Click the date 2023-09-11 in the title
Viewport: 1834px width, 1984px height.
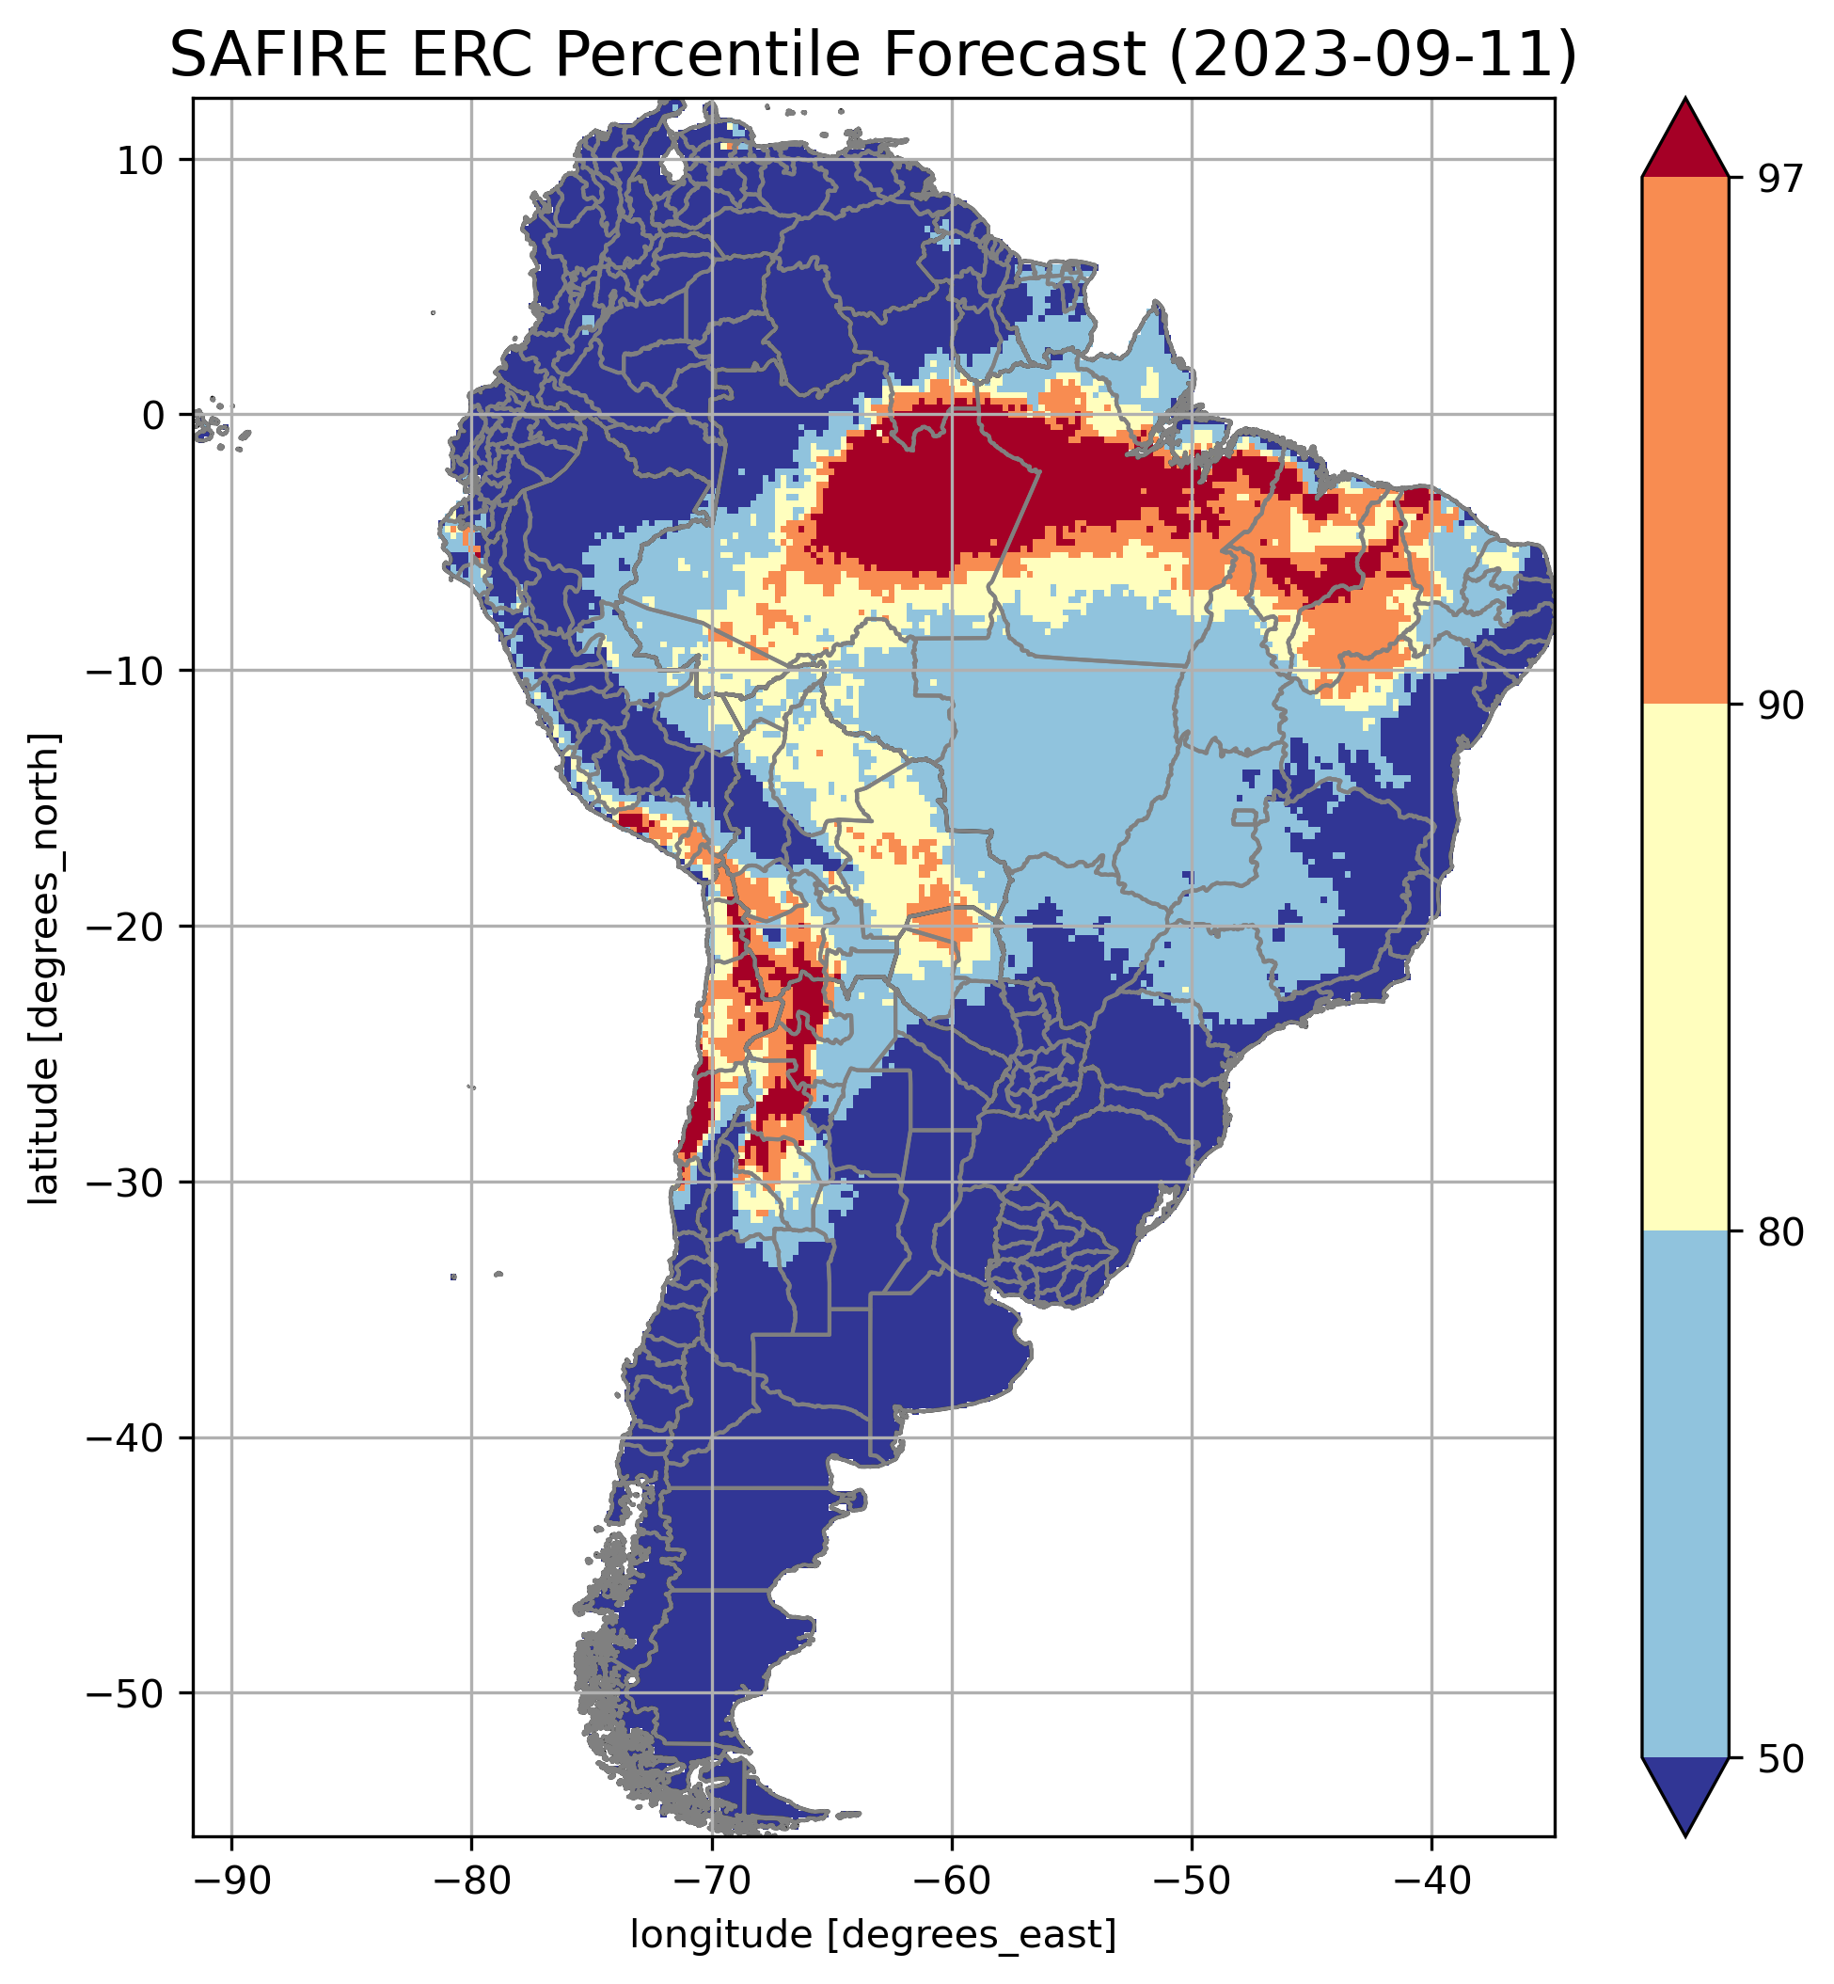[x=1372, y=56]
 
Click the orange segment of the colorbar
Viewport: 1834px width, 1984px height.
[x=1685, y=441]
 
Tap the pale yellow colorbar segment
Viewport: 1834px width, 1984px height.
[x=1685, y=968]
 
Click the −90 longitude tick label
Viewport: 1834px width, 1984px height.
[x=231, y=1879]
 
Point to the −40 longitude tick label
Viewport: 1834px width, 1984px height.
[x=1431, y=1879]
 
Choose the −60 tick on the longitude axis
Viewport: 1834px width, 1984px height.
[x=952, y=1879]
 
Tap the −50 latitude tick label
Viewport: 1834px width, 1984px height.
[x=126, y=1695]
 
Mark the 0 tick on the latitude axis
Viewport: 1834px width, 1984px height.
[x=154, y=416]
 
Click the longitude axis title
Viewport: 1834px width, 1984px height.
[x=874, y=1934]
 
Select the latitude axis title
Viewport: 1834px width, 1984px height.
[x=43, y=969]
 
